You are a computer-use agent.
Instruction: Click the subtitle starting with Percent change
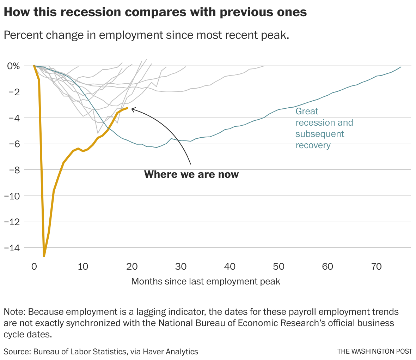[146, 35]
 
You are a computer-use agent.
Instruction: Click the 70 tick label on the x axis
[377, 267]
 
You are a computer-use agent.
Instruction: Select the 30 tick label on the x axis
[181, 267]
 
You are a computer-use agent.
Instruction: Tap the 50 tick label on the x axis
[279, 267]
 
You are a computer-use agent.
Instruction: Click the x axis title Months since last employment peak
[206, 282]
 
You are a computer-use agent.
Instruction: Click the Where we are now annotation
[191, 174]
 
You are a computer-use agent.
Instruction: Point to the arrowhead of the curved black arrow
[132, 109]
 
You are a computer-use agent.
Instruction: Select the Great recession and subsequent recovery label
[324, 128]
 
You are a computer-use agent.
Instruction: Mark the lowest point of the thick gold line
[44, 256]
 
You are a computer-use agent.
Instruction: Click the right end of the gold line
[127, 108]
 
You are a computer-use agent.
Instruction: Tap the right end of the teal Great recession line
[401, 67]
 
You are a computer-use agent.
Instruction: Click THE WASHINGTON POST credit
[374, 352]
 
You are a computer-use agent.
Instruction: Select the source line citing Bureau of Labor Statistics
[101, 352]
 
